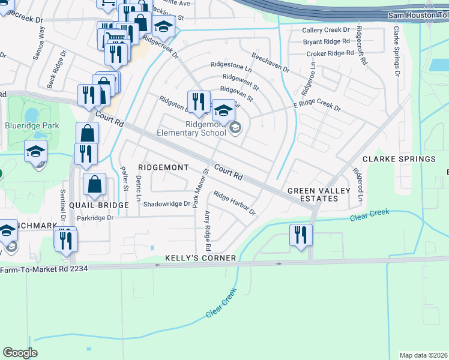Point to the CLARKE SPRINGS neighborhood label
pyautogui.click(x=399, y=159)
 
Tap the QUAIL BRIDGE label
pyautogui.click(x=99, y=205)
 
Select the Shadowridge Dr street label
pyautogui.click(x=166, y=204)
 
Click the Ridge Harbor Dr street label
pyautogui.click(x=234, y=204)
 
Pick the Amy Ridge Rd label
pyautogui.click(x=208, y=231)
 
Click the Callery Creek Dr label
pyautogui.click(x=325, y=30)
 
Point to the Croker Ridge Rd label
pyautogui.click(x=330, y=53)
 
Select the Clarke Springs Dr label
pyautogui.click(x=396, y=51)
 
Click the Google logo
pyautogui.click(x=20, y=353)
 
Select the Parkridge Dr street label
pyautogui.click(x=95, y=218)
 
